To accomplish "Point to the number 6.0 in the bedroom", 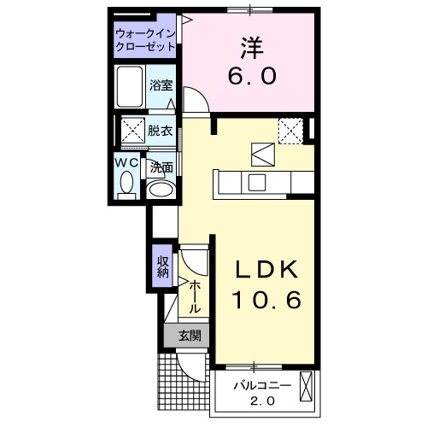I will tap(250, 77).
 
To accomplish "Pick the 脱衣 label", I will tap(160, 131).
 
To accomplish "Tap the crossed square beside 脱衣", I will tap(132, 131).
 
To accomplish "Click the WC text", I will tap(126, 161).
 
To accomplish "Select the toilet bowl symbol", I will tap(127, 184).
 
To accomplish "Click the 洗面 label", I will tap(161, 168).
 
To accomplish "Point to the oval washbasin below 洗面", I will tap(160, 189).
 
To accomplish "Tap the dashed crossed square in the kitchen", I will tap(292, 131).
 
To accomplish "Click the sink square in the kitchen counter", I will tap(257, 182).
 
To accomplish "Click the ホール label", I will tap(196, 295).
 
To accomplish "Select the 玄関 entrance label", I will tap(190, 336).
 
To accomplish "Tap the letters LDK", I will tap(267, 271).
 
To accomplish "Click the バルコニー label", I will tap(262, 386).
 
